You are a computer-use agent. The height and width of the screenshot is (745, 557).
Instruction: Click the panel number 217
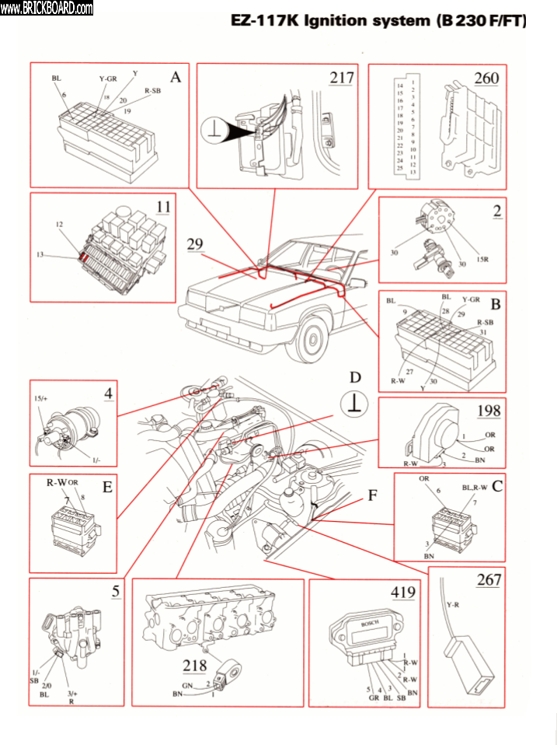(342, 78)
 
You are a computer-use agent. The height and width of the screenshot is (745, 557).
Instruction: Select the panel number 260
(486, 78)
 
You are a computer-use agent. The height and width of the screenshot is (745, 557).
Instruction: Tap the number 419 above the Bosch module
(403, 593)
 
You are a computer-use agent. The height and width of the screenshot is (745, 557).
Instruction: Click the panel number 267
(489, 579)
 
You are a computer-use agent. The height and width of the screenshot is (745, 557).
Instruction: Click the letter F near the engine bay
(373, 494)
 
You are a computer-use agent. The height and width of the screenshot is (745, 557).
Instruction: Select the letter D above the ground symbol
(355, 377)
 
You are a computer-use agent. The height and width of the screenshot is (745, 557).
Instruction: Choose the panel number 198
(489, 411)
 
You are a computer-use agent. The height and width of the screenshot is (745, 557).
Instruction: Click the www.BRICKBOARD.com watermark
(47, 8)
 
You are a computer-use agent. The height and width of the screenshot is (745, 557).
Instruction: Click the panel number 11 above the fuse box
(162, 207)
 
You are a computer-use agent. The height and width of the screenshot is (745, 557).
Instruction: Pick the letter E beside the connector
(107, 488)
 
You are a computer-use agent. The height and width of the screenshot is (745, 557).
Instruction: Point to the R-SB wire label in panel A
(153, 91)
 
